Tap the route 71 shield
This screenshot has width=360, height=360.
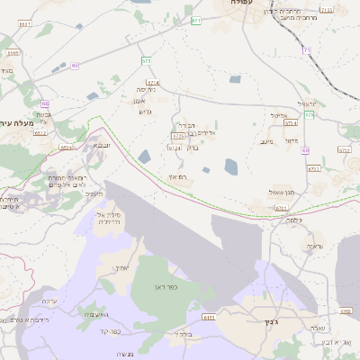(306, 50)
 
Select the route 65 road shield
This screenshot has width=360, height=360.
(75, 66)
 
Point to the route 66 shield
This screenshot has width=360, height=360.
(45, 104)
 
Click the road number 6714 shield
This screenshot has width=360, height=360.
(152, 83)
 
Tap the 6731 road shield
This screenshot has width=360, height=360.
(282, 208)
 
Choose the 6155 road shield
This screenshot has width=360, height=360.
(210, 317)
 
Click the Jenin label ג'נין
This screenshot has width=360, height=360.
(249, 322)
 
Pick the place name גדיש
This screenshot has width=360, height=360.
(147, 112)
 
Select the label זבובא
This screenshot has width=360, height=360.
(102, 144)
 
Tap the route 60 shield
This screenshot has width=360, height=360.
(305, 150)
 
